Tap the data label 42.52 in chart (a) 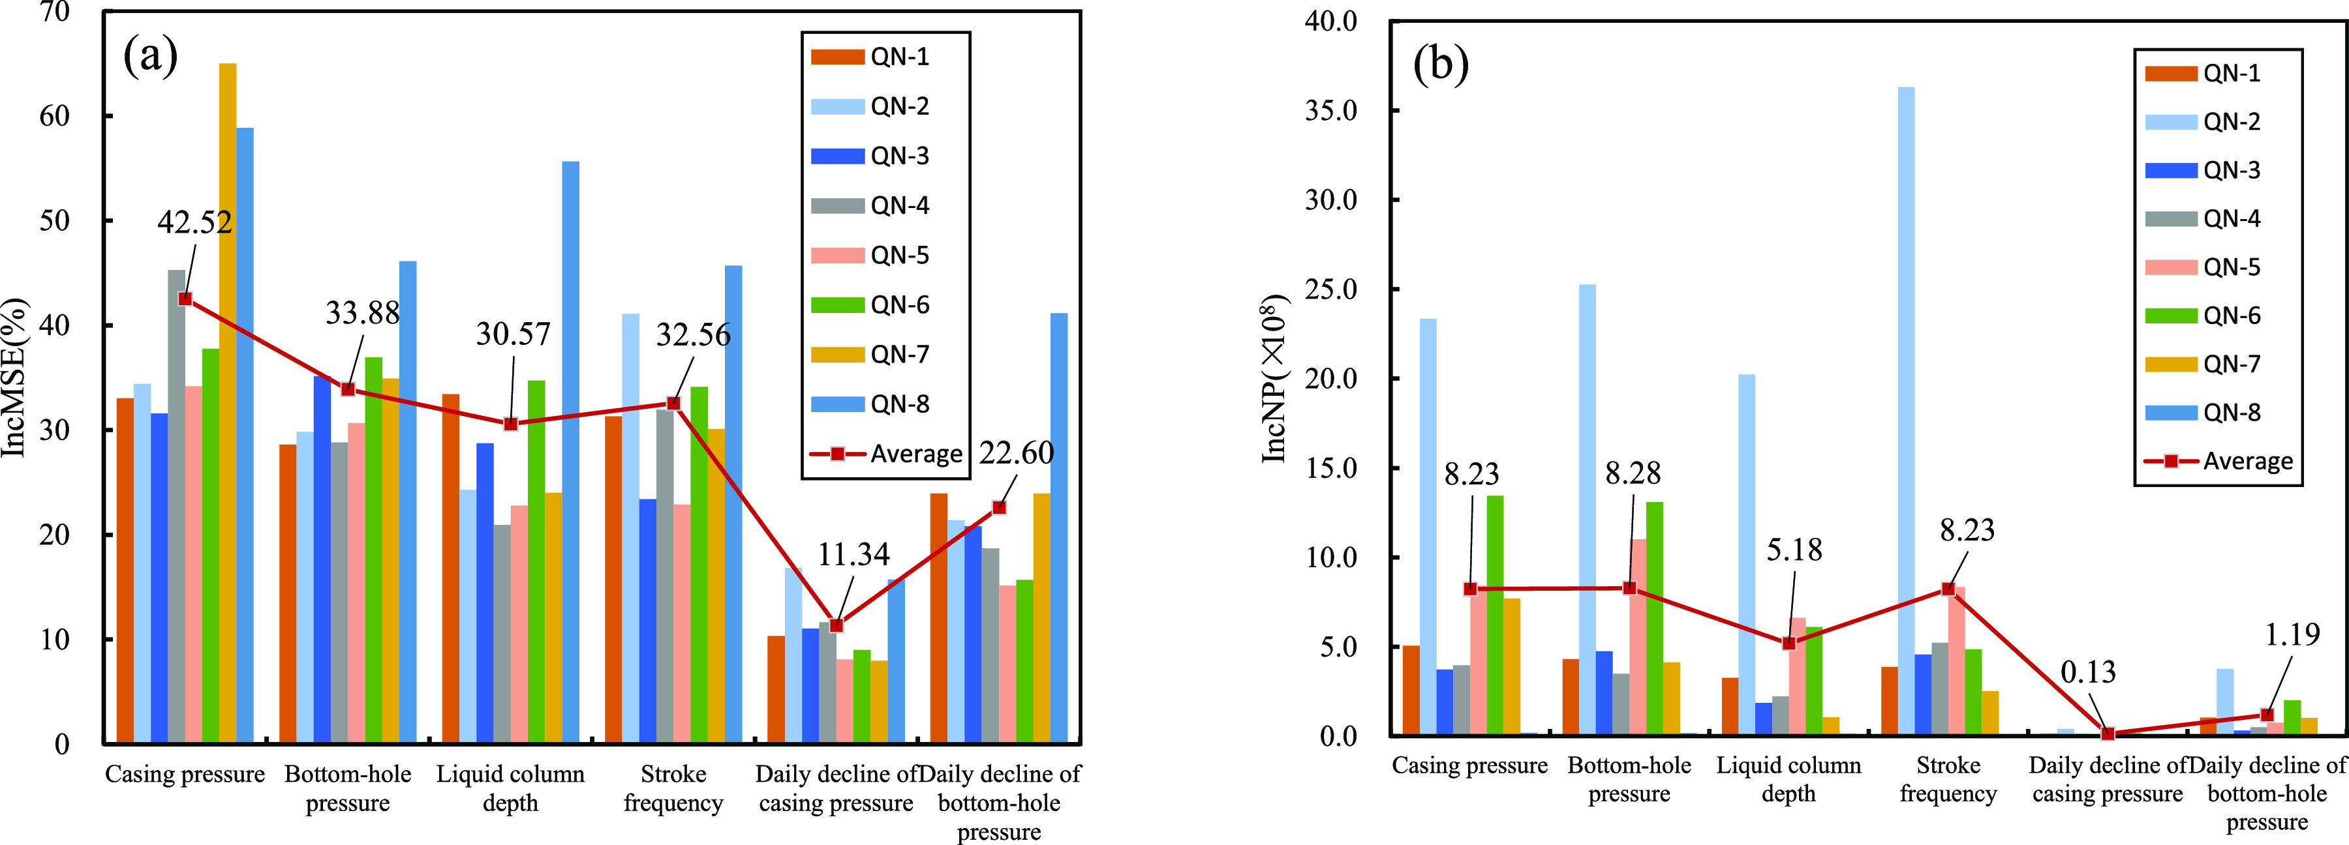tap(194, 222)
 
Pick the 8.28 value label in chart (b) tap(1633, 473)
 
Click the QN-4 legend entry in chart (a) tap(871, 205)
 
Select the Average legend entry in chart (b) tap(2218, 461)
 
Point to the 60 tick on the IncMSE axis tap(55, 116)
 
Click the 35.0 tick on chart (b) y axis tap(1330, 110)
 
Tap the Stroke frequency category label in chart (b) tap(1948, 779)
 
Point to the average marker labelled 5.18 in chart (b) tap(1789, 643)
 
